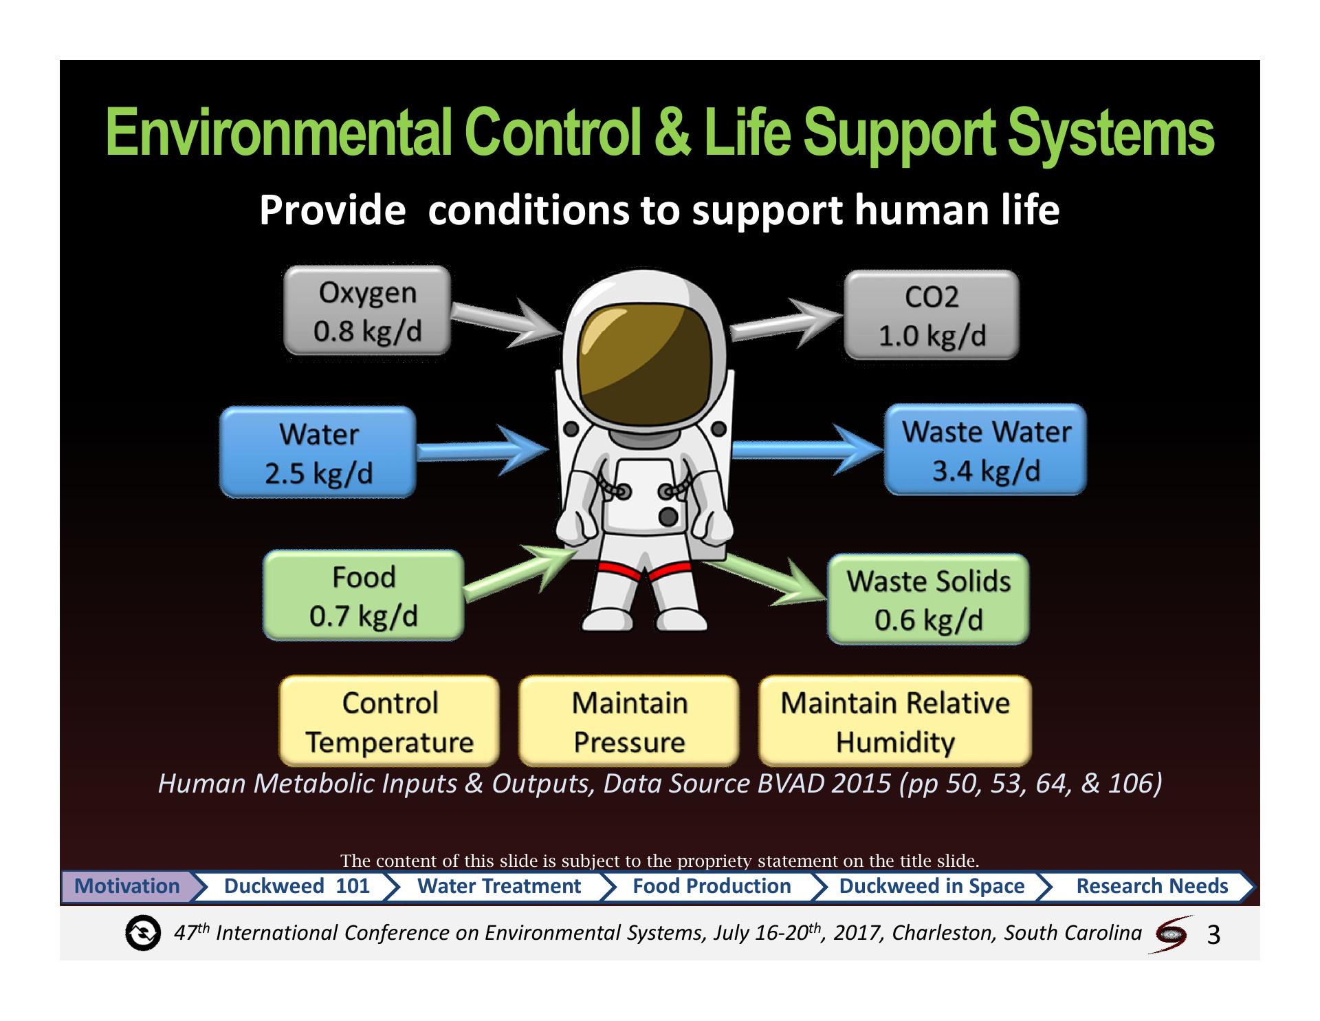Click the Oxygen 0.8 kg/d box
coord(367,311)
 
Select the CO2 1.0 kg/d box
coord(931,315)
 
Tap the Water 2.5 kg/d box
coord(318,452)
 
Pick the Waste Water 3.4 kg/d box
coord(985,450)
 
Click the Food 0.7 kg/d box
coord(364,596)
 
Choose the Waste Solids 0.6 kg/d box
coord(928,599)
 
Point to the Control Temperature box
coord(389,721)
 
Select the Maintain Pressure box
coord(628,721)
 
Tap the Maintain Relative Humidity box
coord(894,721)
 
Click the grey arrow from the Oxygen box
coord(506,319)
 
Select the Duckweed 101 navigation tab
coord(297,886)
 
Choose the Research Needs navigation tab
coord(1152,886)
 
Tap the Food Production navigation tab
coord(712,886)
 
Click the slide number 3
coord(1213,934)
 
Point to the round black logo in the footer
coord(143,934)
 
